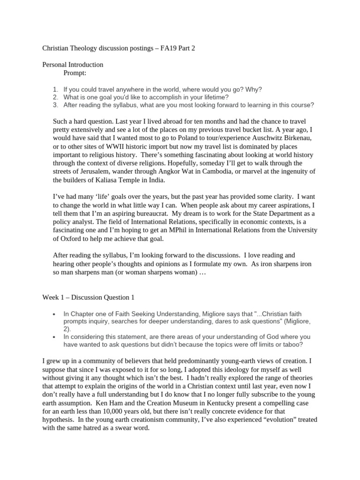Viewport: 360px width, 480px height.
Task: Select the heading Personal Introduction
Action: tap(73, 65)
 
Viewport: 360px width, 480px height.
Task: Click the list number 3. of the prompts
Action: tap(55, 105)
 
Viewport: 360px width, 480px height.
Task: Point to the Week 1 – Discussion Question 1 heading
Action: tap(89, 297)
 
